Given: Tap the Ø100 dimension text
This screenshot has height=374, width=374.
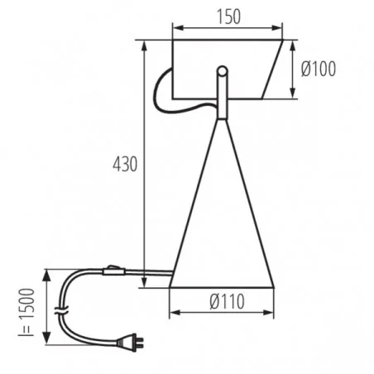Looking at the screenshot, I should point(318,70).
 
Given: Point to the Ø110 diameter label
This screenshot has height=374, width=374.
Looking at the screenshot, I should point(221,302).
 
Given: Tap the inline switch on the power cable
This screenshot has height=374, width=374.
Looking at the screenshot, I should point(113,270).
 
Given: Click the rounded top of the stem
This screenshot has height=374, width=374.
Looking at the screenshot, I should point(222,70).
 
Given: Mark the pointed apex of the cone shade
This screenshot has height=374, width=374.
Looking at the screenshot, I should point(222,121).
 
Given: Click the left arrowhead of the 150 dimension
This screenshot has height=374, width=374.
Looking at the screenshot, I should point(175,27).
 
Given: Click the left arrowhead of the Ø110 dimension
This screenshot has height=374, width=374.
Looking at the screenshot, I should point(173,314).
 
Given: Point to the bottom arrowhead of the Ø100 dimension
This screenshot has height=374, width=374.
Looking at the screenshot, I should point(295,94).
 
